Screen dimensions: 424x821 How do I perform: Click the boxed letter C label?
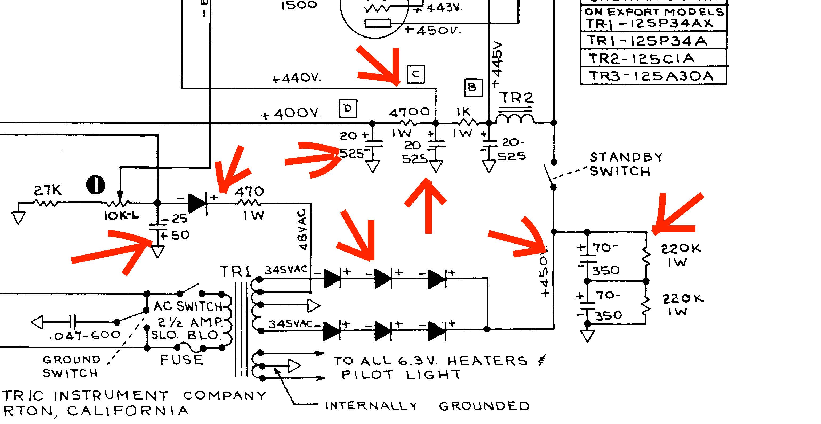(x=416, y=74)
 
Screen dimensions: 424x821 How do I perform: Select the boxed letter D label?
(x=348, y=109)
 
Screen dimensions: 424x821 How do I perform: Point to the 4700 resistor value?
(x=409, y=112)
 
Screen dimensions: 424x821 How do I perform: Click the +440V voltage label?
(x=296, y=78)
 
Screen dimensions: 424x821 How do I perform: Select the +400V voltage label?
(x=291, y=114)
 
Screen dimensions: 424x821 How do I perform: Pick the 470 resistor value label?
(x=249, y=192)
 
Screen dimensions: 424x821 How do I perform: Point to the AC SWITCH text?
(x=188, y=306)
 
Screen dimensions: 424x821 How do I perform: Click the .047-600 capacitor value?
(x=85, y=335)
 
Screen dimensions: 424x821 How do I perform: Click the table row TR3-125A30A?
(x=651, y=76)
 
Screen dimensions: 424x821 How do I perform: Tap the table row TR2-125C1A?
(x=641, y=59)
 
